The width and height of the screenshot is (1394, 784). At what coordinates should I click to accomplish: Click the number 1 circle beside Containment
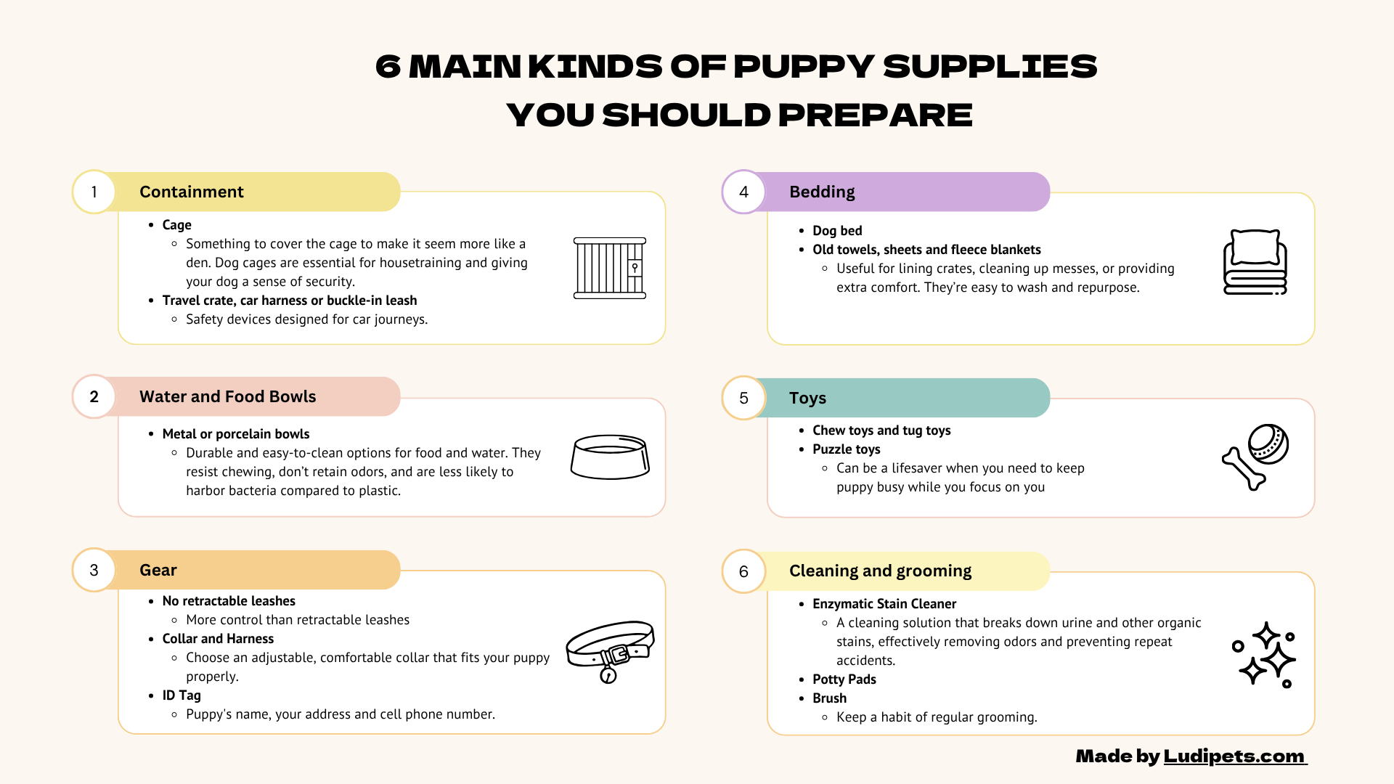pyautogui.click(x=94, y=192)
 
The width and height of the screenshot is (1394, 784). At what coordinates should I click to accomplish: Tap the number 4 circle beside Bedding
pyautogui.click(x=743, y=192)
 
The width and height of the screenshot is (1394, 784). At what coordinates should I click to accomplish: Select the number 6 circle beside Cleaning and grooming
pyautogui.click(x=743, y=571)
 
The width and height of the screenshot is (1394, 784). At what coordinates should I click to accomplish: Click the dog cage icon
pyautogui.click(x=610, y=268)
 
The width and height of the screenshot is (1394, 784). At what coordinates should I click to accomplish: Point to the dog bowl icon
pyautogui.click(x=610, y=457)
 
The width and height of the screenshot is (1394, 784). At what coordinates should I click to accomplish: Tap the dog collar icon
pyautogui.click(x=610, y=650)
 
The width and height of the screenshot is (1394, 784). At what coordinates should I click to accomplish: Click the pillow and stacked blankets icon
pyautogui.click(x=1255, y=262)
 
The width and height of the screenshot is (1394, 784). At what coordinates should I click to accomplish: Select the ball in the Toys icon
pyautogui.click(x=1268, y=444)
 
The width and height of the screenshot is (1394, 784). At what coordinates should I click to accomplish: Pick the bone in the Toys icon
pyautogui.click(x=1244, y=469)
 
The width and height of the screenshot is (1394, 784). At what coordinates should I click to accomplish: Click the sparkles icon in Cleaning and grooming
pyautogui.click(x=1265, y=654)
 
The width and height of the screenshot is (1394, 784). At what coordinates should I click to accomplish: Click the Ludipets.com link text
pyautogui.click(x=1234, y=756)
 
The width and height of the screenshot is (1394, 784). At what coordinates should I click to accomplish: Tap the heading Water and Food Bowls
pyautogui.click(x=227, y=396)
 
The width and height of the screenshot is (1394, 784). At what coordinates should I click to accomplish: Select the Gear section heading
pyautogui.click(x=158, y=570)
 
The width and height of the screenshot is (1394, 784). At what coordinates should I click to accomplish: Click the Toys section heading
pyautogui.click(x=807, y=398)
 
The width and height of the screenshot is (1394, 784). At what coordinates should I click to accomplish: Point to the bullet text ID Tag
pyautogui.click(x=182, y=695)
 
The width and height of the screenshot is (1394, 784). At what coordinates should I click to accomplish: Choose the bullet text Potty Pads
pyautogui.click(x=844, y=679)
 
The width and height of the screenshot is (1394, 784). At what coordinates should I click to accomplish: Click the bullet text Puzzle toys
pyautogui.click(x=847, y=449)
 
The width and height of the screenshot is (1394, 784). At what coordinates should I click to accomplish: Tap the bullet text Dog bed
pyautogui.click(x=837, y=231)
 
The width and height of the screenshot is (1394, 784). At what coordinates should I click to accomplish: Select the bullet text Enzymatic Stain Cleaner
pyautogui.click(x=884, y=604)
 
